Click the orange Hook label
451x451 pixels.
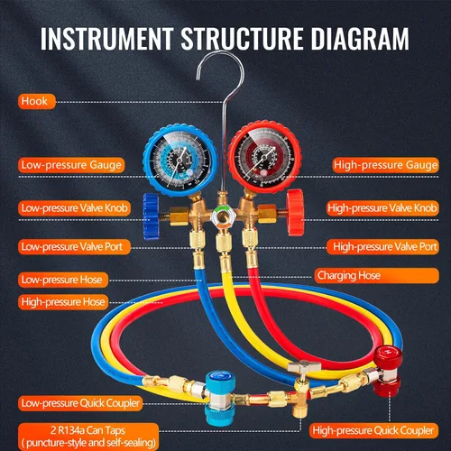click(37, 101)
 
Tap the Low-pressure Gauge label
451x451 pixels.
click(71, 165)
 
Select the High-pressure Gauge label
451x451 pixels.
click(385, 165)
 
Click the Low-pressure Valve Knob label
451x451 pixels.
click(74, 208)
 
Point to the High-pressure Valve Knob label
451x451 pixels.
click(382, 208)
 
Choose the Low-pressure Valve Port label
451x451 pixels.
click(74, 247)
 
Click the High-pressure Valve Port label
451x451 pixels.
click(382, 247)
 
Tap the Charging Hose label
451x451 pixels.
click(376, 276)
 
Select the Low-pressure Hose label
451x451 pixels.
click(63, 280)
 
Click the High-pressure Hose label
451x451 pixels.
click(63, 302)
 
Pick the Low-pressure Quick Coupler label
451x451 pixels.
click(80, 403)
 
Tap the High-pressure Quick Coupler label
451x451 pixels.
click(373, 430)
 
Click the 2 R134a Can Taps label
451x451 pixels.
click(88, 437)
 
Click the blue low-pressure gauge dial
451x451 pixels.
click(180, 161)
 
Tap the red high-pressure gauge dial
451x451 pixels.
click(264, 157)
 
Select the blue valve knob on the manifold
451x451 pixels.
click(151, 216)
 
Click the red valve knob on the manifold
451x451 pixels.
click(295, 212)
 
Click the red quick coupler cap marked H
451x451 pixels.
click(388, 357)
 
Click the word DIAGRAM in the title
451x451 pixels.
click(360, 39)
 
